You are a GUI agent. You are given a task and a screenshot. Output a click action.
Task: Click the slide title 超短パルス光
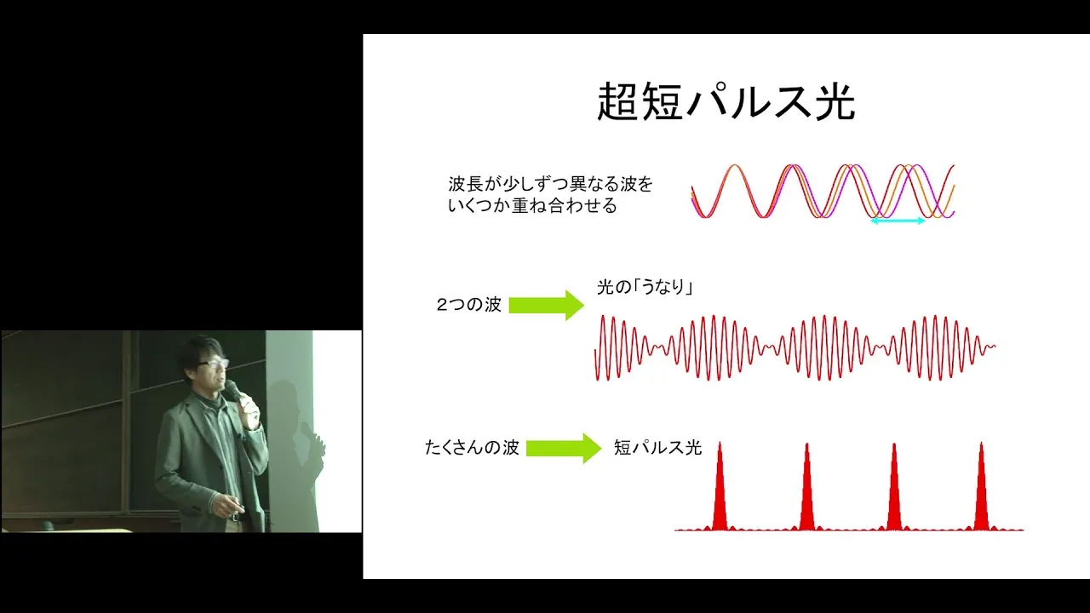coord(726,101)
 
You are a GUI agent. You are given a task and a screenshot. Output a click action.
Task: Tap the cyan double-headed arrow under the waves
coord(898,221)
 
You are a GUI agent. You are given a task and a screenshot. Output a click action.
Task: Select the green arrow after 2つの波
coord(547,305)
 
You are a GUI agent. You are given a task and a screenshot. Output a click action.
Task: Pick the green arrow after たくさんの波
coord(564,448)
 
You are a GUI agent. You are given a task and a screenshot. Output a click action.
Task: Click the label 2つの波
coord(468,305)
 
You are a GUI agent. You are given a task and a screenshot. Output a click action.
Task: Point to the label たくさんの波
coord(472,448)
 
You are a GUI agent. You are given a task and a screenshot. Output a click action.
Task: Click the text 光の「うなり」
coord(645,287)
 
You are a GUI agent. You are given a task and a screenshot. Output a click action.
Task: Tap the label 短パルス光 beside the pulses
coord(657,448)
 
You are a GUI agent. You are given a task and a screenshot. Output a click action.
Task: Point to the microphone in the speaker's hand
coord(234,391)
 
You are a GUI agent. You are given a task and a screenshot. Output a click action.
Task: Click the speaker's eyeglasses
coord(213,364)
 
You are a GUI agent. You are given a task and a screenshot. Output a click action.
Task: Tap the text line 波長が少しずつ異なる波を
coord(550,184)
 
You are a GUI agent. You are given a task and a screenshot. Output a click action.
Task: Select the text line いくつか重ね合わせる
coord(532,205)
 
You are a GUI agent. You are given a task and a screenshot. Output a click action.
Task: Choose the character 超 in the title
coord(617,101)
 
